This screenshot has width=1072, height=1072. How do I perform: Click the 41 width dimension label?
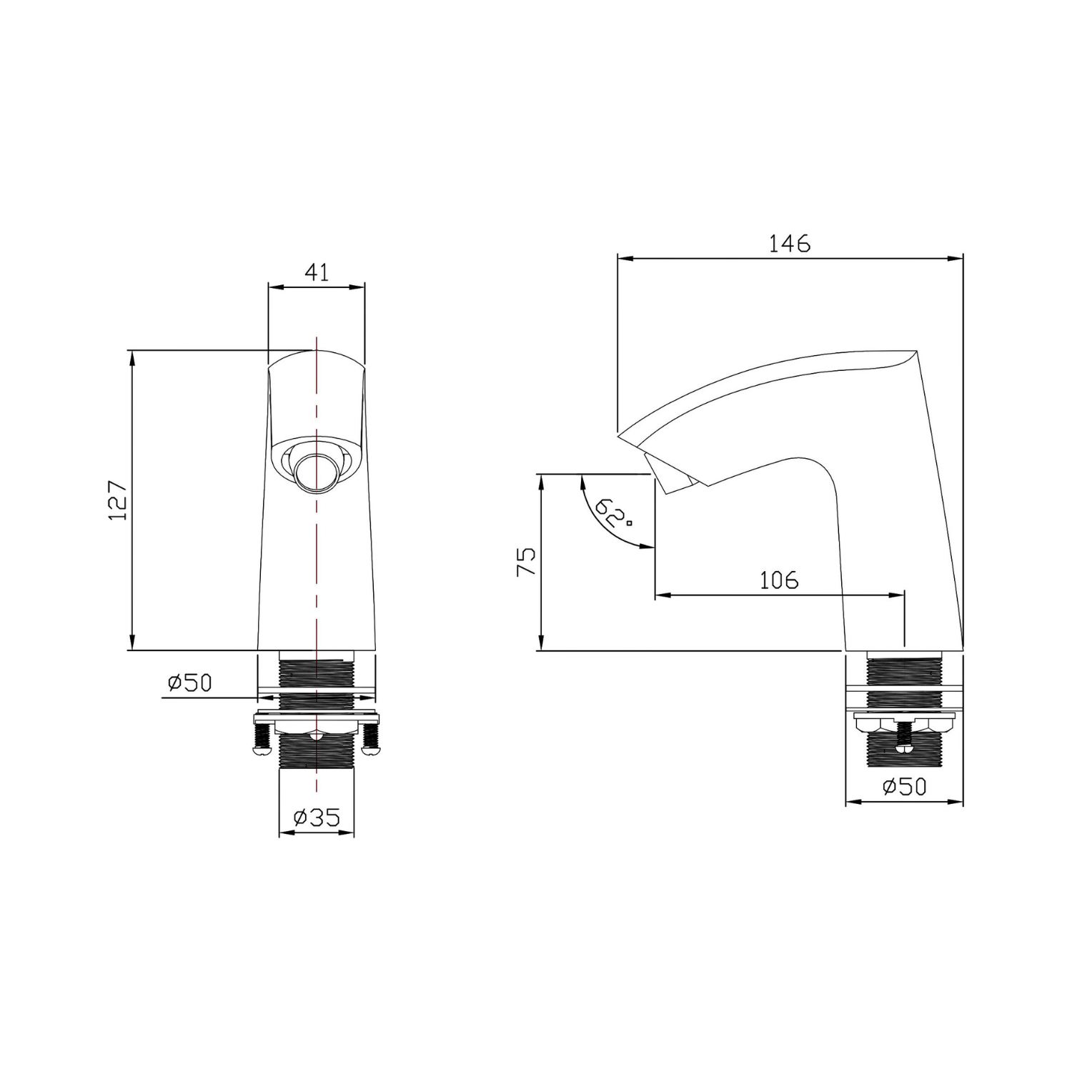317,272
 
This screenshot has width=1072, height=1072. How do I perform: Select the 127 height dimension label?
117,500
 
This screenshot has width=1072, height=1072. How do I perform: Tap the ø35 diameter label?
317,817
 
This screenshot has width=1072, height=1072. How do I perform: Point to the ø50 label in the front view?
190,683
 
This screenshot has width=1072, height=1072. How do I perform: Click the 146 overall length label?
790,244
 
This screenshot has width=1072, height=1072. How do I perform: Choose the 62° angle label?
611,512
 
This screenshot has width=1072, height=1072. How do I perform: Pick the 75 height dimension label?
526,562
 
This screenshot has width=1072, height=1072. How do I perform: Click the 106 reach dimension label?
779,580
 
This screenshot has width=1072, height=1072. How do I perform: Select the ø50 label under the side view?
904,787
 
